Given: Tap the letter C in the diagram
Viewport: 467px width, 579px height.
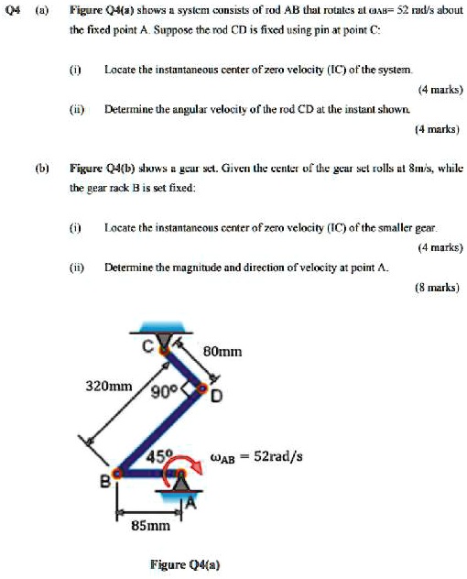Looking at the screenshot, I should pyautogui.click(x=147, y=346).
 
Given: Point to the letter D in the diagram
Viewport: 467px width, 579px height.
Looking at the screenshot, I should pyautogui.click(x=217, y=398).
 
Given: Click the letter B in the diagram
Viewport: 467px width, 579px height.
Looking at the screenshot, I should pyautogui.click(x=104, y=479).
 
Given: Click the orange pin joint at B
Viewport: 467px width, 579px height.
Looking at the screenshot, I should pyautogui.click(x=116, y=475).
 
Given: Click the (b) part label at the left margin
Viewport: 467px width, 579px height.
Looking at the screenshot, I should pyautogui.click(x=41, y=170).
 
